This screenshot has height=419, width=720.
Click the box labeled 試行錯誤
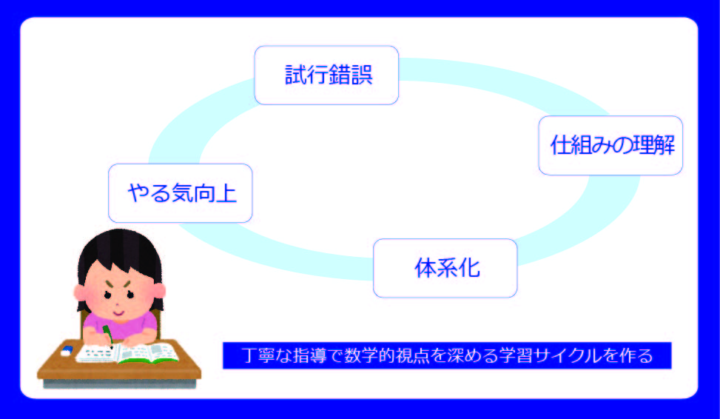pos(326,75)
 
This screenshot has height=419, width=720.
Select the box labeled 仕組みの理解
pos(610,145)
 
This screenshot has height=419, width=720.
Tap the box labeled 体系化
pos(445,268)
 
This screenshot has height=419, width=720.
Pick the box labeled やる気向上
pos(181,193)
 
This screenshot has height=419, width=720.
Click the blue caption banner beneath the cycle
pos(447,355)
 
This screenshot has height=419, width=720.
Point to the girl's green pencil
pos(108,334)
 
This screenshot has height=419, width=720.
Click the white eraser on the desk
pos(67,351)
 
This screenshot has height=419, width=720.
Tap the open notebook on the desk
pos(127,353)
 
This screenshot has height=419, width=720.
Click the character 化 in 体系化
pos(469,268)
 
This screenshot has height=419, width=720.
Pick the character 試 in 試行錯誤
pos(296,75)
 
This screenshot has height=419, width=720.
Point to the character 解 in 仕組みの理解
pos(664,145)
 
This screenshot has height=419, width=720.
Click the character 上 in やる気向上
pos(226,193)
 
